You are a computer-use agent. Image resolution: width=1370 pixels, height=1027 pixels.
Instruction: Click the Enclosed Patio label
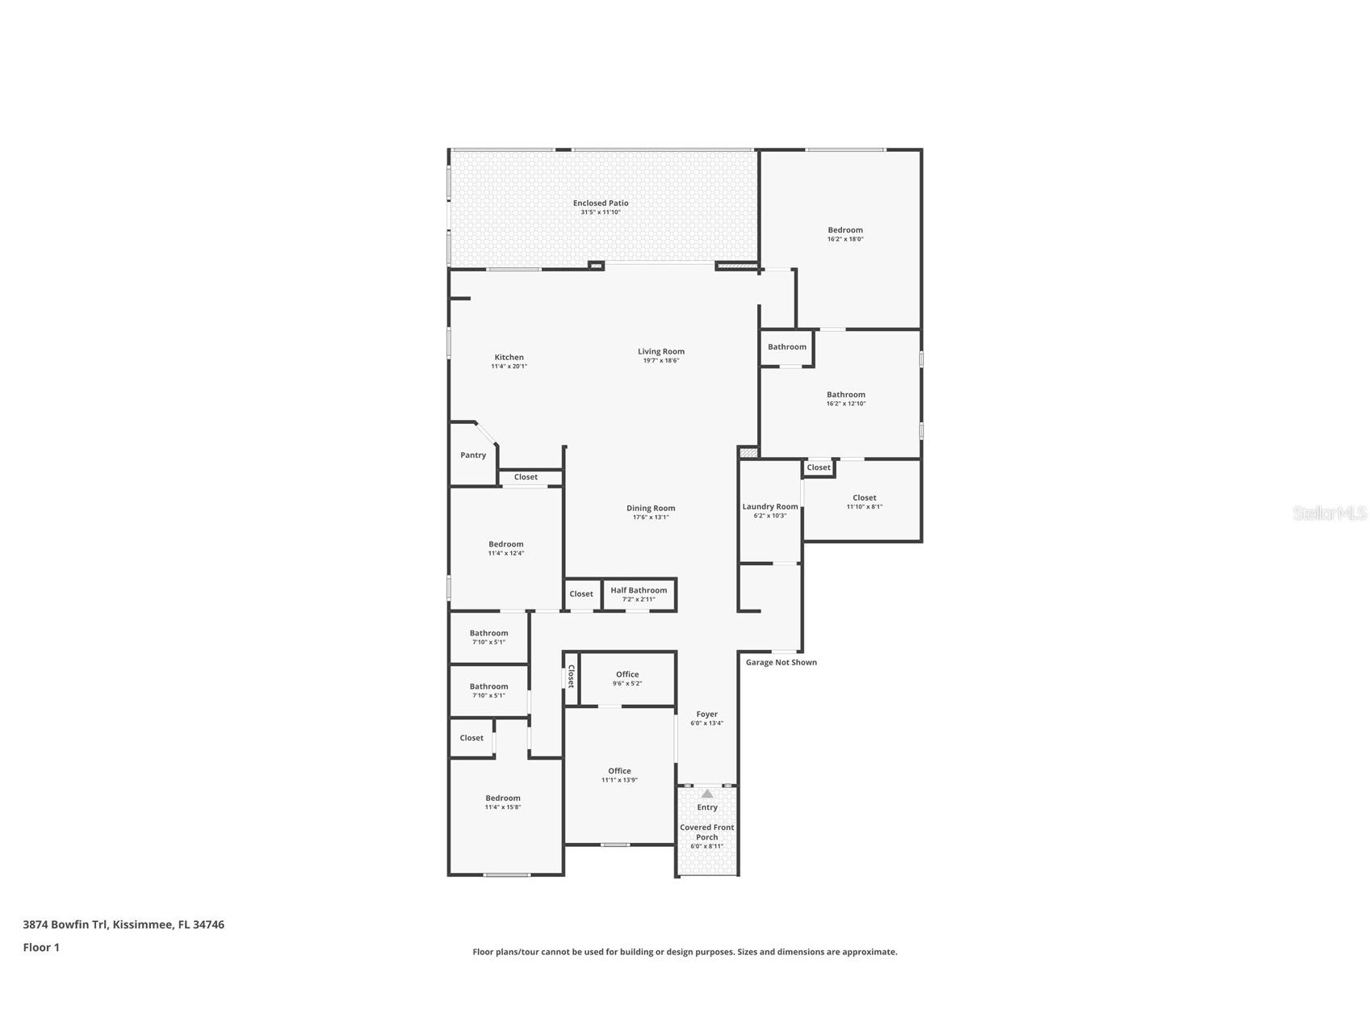(601, 203)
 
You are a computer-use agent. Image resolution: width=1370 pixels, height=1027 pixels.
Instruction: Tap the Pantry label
(473, 455)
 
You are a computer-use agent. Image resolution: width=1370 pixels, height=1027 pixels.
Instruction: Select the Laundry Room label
(770, 507)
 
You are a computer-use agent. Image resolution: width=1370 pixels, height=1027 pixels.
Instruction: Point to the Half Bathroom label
(639, 590)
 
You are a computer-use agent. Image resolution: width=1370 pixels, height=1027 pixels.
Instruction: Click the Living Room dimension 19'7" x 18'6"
(661, 361)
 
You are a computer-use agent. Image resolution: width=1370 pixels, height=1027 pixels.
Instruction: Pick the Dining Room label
(651, 509)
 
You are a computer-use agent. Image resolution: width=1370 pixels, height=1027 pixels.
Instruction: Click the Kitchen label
(509, 358)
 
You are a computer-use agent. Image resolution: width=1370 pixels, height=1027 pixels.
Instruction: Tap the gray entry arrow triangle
(707, 794)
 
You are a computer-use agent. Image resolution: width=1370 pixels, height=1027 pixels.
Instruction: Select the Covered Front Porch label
(707, 832)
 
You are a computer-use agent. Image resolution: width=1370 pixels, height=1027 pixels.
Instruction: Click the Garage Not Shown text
(781, 663)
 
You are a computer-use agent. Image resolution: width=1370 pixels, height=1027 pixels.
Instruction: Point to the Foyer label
(707, 715)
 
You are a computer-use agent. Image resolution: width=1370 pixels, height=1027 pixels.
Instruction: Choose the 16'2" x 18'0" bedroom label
(845, 230)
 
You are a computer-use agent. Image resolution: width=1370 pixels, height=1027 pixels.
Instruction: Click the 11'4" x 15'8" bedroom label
(503, 799)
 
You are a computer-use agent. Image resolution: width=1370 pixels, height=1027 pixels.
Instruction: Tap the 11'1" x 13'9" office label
(620, 771)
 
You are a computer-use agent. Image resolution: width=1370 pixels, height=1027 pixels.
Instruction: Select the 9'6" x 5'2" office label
(627, 675)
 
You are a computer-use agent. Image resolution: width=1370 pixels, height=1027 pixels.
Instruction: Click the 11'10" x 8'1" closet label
(865, 498)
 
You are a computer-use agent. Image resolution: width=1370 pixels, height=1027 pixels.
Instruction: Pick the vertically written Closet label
(571, 677)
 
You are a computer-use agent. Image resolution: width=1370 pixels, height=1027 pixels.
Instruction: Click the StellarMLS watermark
(1330, 513)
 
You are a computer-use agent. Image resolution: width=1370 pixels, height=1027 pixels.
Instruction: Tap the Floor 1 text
(41, 948)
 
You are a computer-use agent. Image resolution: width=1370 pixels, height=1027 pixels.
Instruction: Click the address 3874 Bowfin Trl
(65, 924)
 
